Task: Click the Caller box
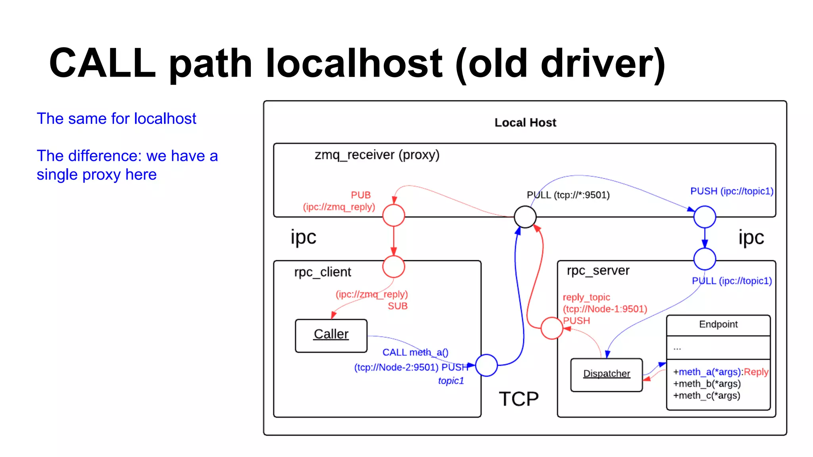[x=331, y=336]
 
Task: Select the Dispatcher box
[x=606, y=374]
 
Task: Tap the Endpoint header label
[x=718, y=325]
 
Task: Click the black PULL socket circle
[x=525, y=217]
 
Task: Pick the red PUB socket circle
[x=393, y=215]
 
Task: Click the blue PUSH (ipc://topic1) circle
[x=705, y=217]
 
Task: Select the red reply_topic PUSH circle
[x=551, y=328]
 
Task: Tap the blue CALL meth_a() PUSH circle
[x=486, y=365]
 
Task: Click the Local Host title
[x=525, y=123]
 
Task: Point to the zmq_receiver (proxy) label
[x=377, y=155]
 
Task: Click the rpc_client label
[x=322, y=272]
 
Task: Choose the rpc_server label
[x=598, y=271]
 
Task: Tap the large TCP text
[x=518, y=399]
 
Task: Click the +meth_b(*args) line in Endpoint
[x=707, y=384]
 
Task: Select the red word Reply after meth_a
[x=756, y=372]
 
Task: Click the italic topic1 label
[x=451, y=381]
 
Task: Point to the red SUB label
[x=397, y=306]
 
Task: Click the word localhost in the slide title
[x=354, y=63]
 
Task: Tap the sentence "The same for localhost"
[x=116, y=119]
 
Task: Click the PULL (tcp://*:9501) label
[x=568, y=195]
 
